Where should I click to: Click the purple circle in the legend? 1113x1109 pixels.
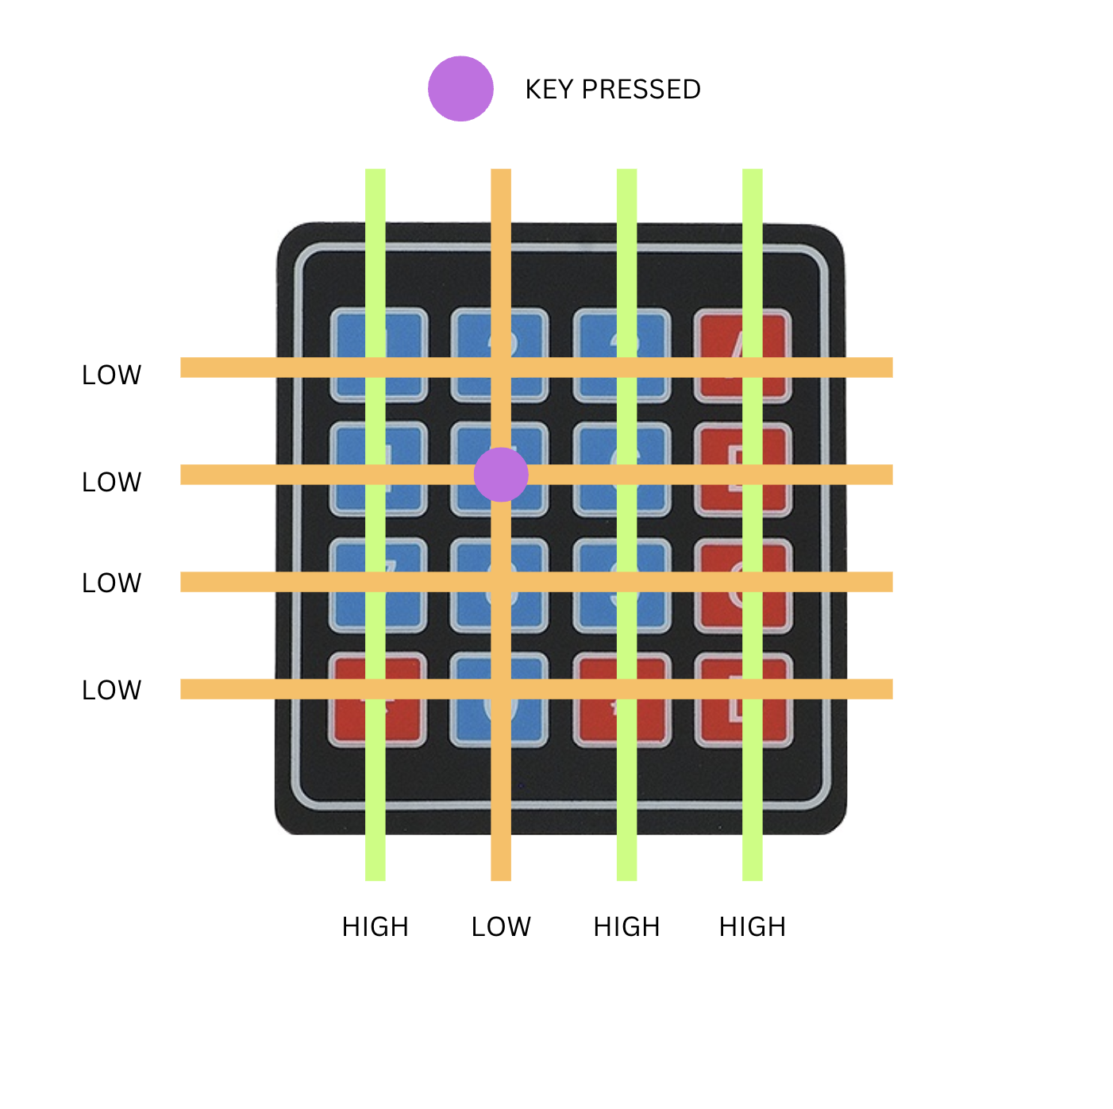(460, 89)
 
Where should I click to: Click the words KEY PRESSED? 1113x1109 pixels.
(613, 90)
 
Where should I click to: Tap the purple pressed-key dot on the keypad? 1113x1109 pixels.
(501, 475)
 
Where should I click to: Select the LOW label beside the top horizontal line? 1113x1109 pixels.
(112, 375)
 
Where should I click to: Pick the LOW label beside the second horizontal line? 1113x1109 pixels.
(112, 482)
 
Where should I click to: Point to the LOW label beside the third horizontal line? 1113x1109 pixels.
(112, 583)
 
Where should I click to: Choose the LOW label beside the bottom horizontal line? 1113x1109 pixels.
(112, 690)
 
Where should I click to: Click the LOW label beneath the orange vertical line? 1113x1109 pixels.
(501, 926)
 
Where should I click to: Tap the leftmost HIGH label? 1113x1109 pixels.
(375, 926)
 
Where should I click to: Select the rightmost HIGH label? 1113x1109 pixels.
(753, 926)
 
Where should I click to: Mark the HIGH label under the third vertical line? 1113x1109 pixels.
(627, 926)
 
